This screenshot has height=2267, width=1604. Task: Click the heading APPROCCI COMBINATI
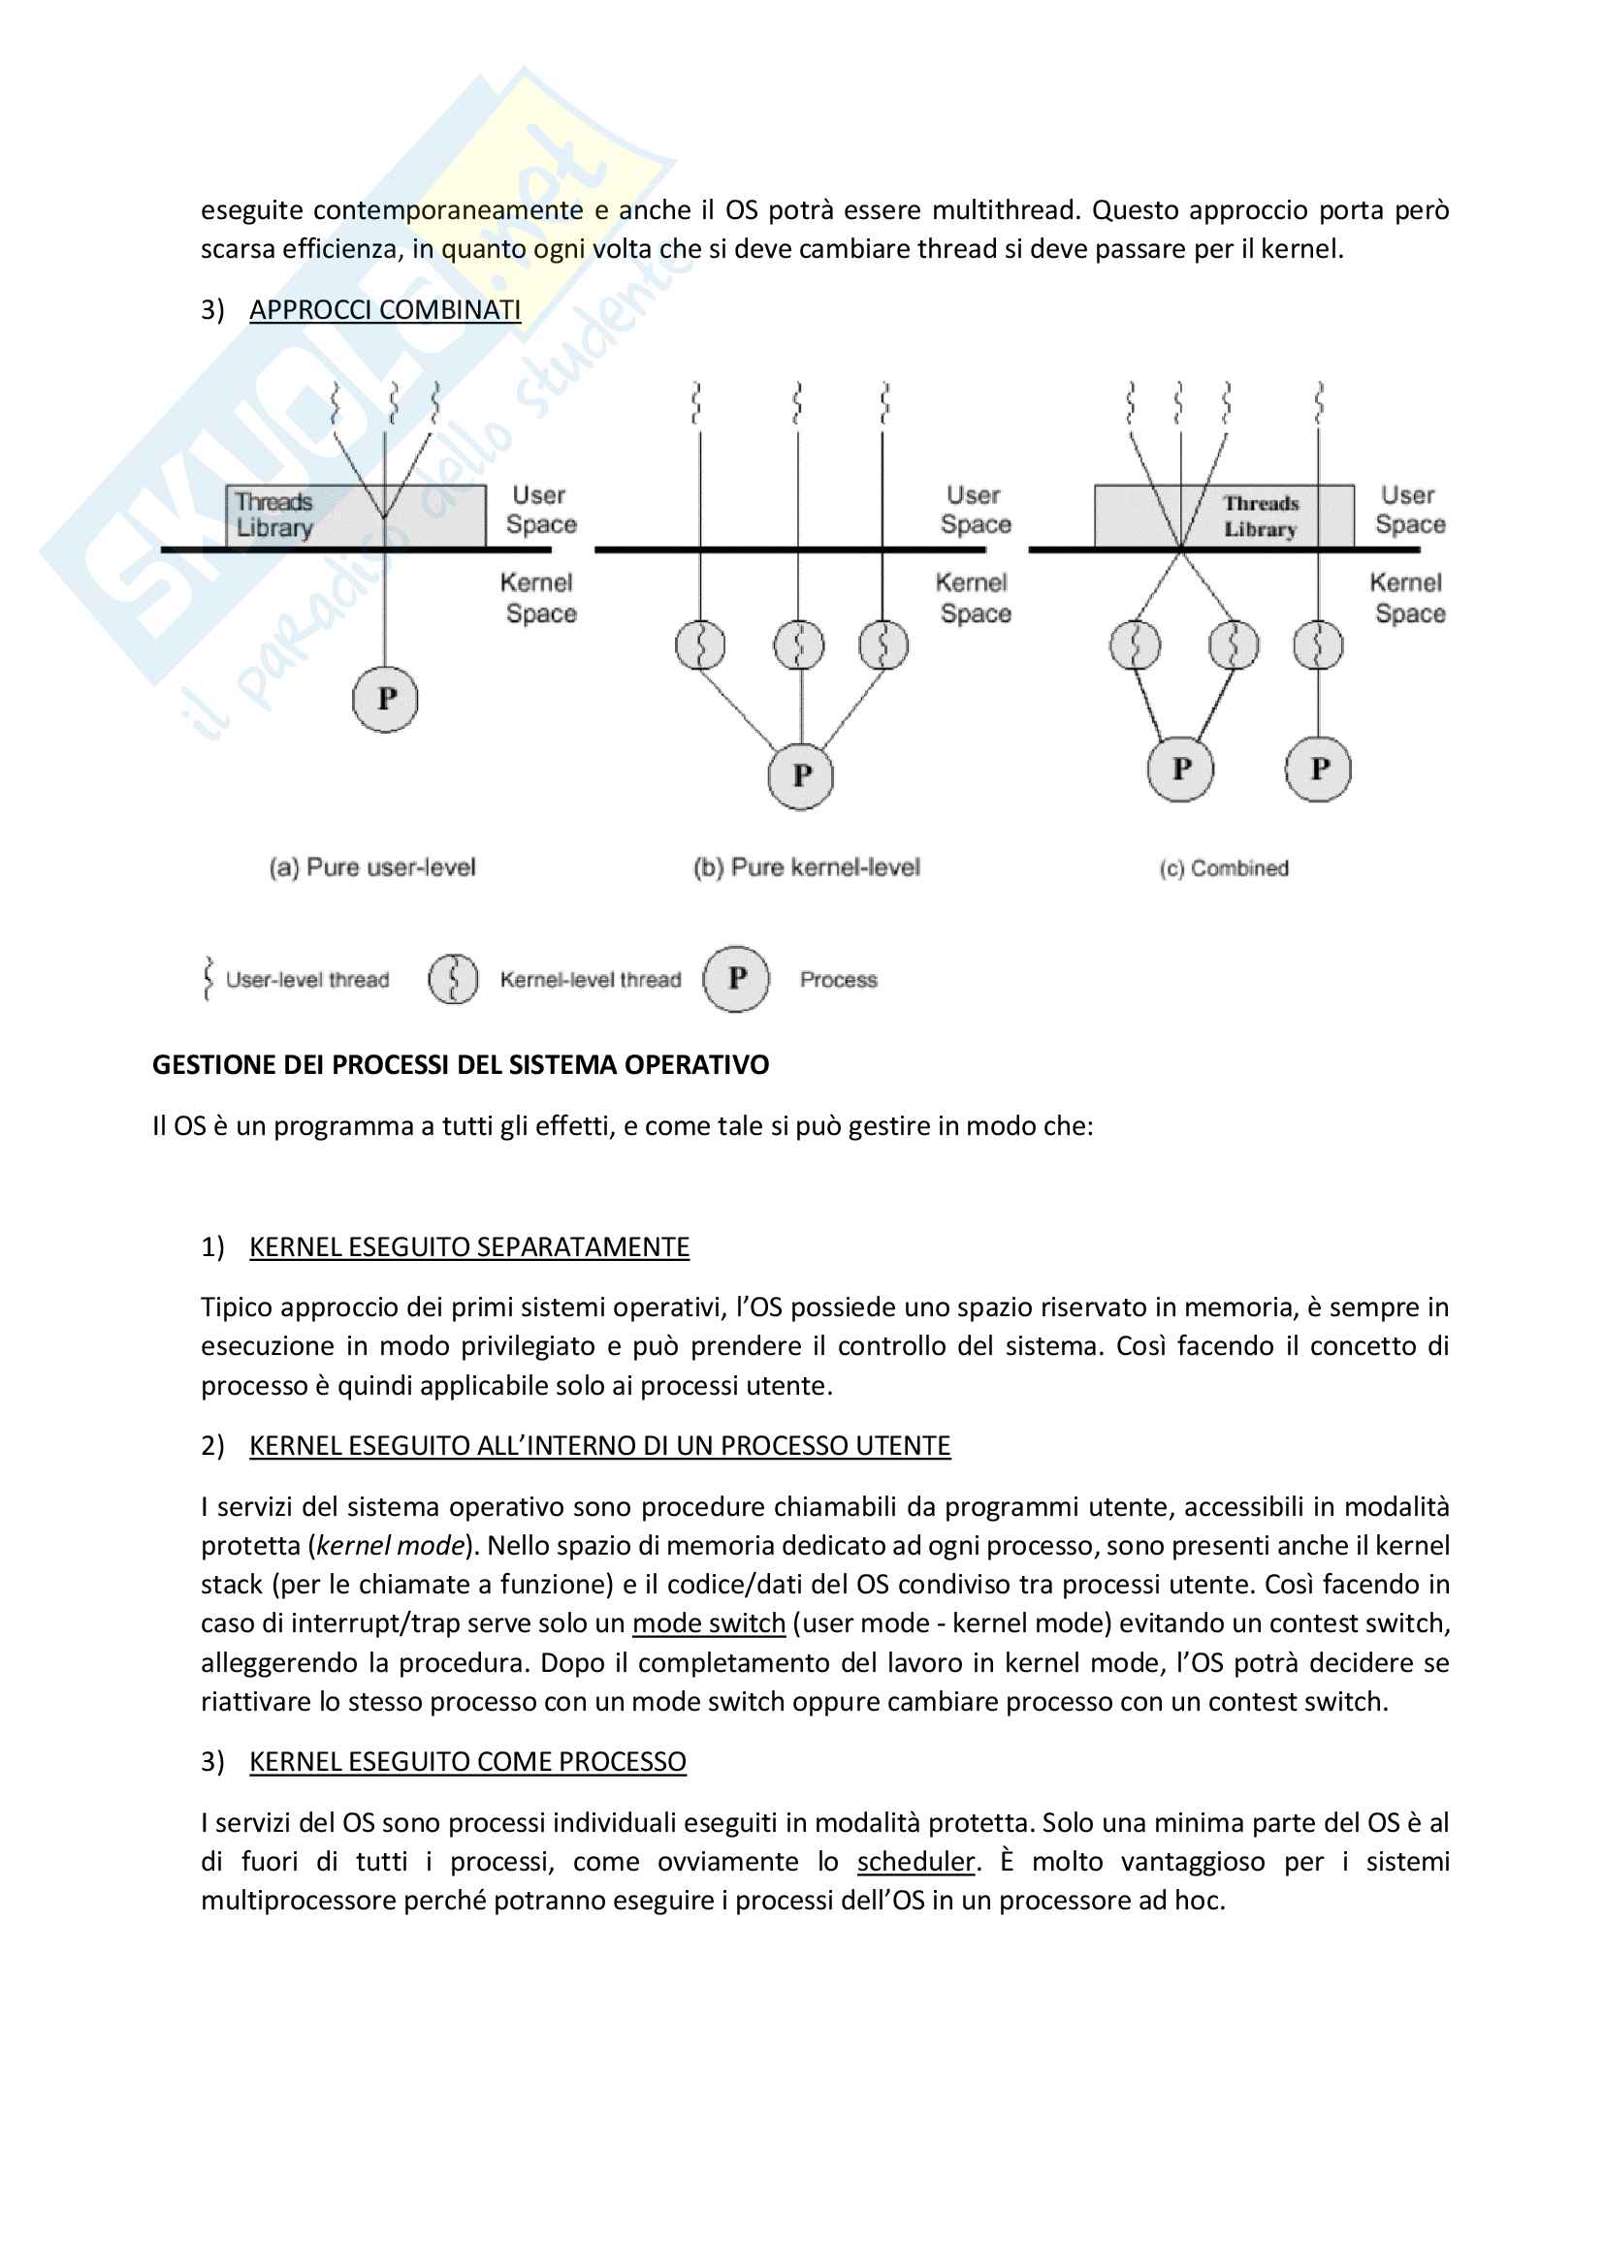click(384, 310)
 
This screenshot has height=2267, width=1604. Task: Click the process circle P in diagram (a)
click(385, 699)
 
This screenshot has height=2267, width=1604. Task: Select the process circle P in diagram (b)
click(801, 776)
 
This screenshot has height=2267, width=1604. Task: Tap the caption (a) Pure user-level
click(372, 867)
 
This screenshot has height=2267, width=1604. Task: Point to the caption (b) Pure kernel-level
click(807, 867)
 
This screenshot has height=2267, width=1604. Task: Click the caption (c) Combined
click(1224, 868)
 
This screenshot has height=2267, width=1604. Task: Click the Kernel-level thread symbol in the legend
click(453, 980)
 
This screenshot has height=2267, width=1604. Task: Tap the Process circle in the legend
click(736, 979)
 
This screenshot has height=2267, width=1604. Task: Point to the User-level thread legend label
click(307, 981)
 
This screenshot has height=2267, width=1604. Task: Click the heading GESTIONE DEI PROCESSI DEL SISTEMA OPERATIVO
click(461, 1065)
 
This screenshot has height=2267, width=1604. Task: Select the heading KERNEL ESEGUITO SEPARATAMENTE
click(469, 1247)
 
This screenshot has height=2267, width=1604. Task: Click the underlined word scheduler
click(915, 1861)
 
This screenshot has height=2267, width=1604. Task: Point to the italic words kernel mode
click(391, 1545)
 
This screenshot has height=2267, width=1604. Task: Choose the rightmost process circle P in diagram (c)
click(1319, 770)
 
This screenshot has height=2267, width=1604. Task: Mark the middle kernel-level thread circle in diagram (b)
click(799, 645)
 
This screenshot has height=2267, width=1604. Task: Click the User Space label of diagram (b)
click(975, 510)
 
